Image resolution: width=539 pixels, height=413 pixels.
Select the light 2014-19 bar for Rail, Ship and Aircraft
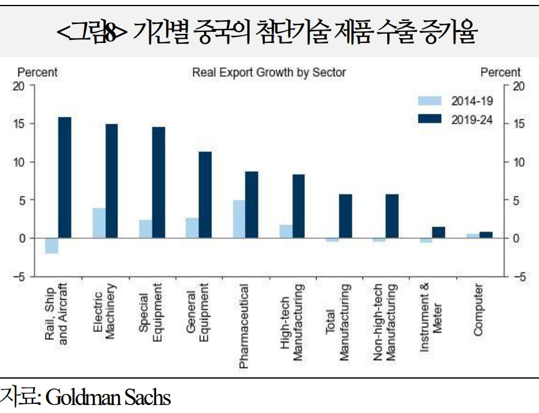(x=52, y=245)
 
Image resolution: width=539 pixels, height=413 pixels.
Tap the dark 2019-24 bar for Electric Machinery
(x=111, y=181)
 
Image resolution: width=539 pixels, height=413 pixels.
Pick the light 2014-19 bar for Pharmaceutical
(x=239, y=219)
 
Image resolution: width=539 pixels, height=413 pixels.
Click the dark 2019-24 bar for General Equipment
(x=205, y=194)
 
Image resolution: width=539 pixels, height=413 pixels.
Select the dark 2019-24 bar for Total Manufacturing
(x=345, y=216)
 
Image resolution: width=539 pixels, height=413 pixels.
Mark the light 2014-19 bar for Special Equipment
(x=146, y=229)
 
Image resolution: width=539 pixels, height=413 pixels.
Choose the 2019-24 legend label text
(x=472, y=119)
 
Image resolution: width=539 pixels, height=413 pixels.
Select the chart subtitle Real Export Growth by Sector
(x=269, y=73)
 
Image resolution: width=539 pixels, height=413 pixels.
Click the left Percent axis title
(x=37, y=73)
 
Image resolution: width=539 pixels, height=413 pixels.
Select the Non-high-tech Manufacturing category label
(x=384, y=322)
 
